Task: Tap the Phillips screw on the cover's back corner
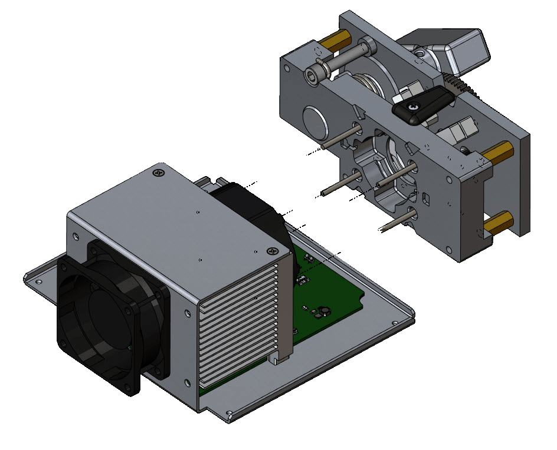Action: click(159, 173)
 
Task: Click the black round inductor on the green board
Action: click(323, 311)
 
